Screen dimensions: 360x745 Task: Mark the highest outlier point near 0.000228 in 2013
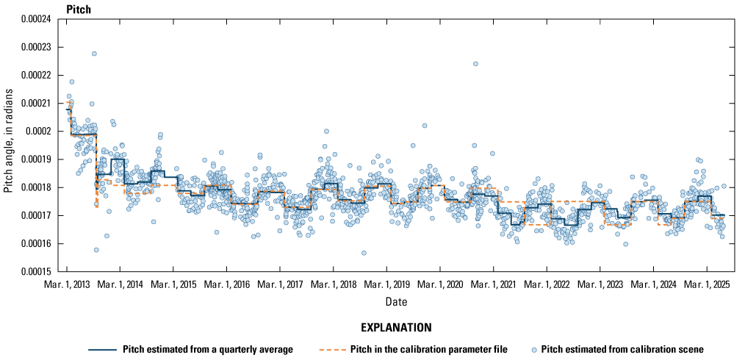point(94,54)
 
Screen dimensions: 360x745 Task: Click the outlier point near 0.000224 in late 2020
point(475,64)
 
